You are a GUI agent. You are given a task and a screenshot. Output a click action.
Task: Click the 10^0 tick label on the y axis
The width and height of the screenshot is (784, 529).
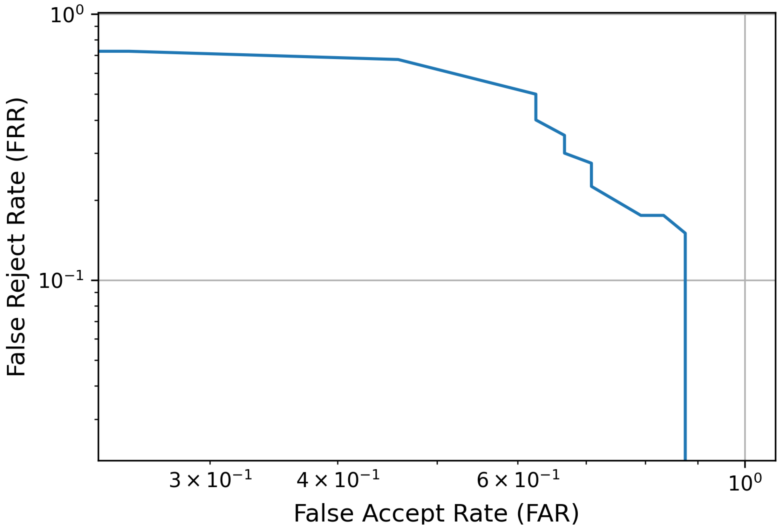pos(66,15)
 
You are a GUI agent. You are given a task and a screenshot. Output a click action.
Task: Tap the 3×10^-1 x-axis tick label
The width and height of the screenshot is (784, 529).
pos(210,480)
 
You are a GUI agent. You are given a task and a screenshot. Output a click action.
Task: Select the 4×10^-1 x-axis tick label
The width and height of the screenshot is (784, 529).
pos(338,480)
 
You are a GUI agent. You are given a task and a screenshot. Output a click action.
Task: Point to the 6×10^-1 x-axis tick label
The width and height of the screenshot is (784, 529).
pos(517,480)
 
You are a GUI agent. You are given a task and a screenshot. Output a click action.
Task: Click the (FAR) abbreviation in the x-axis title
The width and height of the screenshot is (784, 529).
pos(548,513)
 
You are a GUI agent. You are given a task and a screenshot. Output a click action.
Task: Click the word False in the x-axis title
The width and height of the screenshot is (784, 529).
pos(324,513)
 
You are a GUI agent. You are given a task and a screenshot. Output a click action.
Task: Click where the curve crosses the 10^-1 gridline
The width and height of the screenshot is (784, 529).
pos(685,280)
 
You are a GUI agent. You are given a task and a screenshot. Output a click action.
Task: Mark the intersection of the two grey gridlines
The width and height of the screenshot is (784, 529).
pos(745,280)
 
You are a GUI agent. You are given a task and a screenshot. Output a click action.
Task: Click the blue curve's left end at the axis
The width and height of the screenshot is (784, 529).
pos(99,51)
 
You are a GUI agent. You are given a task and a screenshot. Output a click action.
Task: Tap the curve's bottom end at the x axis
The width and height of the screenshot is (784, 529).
pos(685,460)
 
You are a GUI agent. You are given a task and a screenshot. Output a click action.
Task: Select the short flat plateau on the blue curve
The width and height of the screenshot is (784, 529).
pos(652,215)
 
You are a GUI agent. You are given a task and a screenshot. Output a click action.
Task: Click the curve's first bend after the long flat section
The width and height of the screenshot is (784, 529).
pos(399,60)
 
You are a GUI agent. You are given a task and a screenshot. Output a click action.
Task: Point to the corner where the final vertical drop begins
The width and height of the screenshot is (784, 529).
pos(685,233)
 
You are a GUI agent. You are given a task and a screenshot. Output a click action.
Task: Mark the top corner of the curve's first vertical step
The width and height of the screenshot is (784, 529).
pos(535,94)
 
